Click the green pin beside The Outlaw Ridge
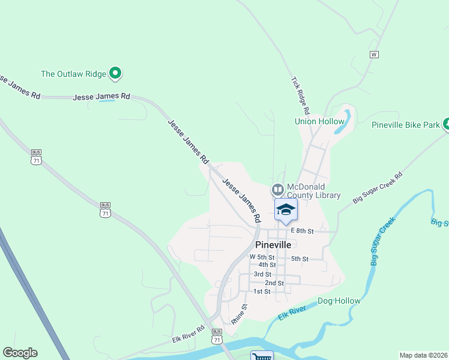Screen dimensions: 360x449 click(x=116, y=74)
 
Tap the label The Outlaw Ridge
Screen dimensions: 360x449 click(x=73, y=74)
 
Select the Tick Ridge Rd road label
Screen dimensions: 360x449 click(x=300, y=95)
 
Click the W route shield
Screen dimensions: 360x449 click(x=374, y=55)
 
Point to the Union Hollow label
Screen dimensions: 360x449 click(x=319, y=121)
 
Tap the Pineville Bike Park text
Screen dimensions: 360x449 click(x=405, y=125)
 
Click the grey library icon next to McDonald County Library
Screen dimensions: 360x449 click(x=277, y=190)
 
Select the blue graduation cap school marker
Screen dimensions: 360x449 click(x=286, y=209)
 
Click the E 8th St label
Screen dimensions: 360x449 click(x=303, y=230)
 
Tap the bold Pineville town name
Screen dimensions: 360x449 click(x=273, y=245)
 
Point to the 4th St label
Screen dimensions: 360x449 click(x=267, y=265)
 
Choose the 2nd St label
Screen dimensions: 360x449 click(x=274, y=283)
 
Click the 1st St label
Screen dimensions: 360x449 click(x=262, y=292)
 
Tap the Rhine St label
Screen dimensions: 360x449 click(x=239, y=314)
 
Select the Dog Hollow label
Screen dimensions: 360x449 click(x=339, y=301)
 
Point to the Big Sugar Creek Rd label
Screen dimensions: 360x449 click(x=378, y=188)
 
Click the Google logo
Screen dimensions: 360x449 click(x=20, y=353)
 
